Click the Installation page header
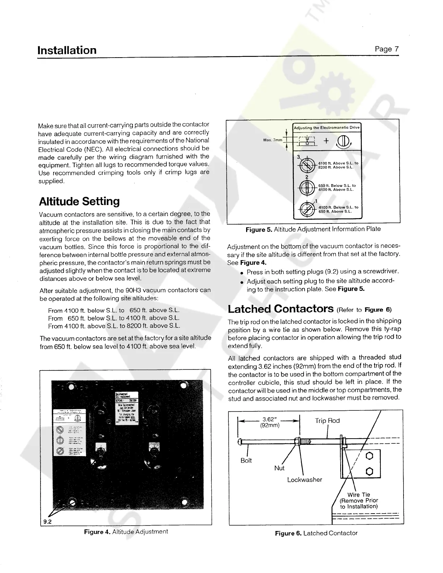point(67,50)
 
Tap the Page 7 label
point(387,49)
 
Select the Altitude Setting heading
point(79,201)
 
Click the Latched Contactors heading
point(280,309)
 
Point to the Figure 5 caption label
point(259,229)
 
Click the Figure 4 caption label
point(97,531)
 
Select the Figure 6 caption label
point(288,533)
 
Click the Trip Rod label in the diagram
point(327,421)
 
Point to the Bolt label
point(246,460)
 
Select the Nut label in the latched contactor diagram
point(279,468)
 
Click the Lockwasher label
point(304,480)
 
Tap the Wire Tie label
point(358,495)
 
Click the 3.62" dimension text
point(270,420)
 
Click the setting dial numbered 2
point(307,187)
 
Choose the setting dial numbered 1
point(307,209)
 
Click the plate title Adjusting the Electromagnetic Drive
point(326,127)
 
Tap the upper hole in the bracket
point(370,456)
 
